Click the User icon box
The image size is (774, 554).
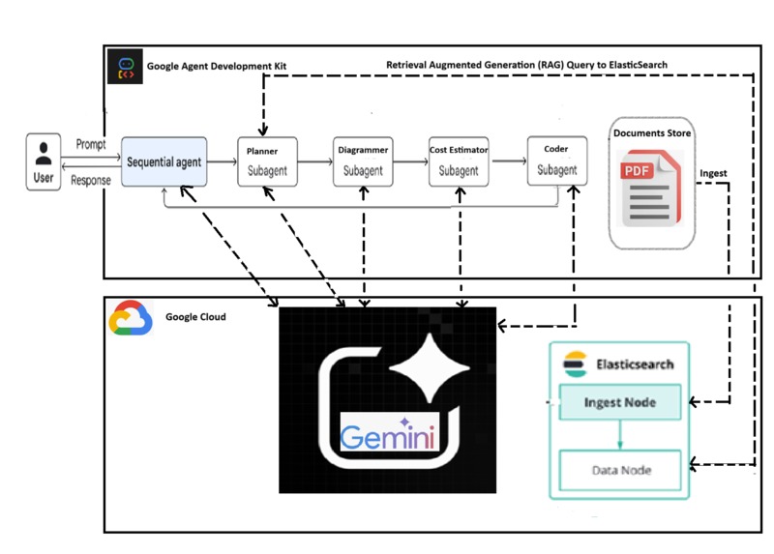click(x=44, y=161)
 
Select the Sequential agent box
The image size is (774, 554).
click(x=164, y=161)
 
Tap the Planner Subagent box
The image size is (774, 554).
click(x=267, y=161)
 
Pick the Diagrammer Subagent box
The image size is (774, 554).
click(x=363, y=161)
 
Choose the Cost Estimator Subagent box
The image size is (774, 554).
click(x=459, y=161)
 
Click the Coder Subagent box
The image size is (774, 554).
click(x=556, y=161)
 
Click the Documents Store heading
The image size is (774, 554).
click(x=651, y=132)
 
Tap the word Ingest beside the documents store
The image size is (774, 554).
click(x=713, y=173)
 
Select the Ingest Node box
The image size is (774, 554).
click(x=619, y=401)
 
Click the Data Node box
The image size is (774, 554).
click(x=620, y=470)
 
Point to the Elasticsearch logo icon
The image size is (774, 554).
click(x=575, y=364)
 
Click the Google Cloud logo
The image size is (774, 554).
click(x=131, y=318)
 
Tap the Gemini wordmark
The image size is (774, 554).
click(x=387, y=435)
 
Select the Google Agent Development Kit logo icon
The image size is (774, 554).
click(x=124, y=66)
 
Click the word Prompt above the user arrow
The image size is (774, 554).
click(x=90, y=144)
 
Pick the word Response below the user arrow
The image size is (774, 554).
click(x=90, y=180)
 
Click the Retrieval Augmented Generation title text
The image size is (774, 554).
click(x=526, y=65)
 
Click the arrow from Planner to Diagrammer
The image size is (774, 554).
click(x=315, y=161)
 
